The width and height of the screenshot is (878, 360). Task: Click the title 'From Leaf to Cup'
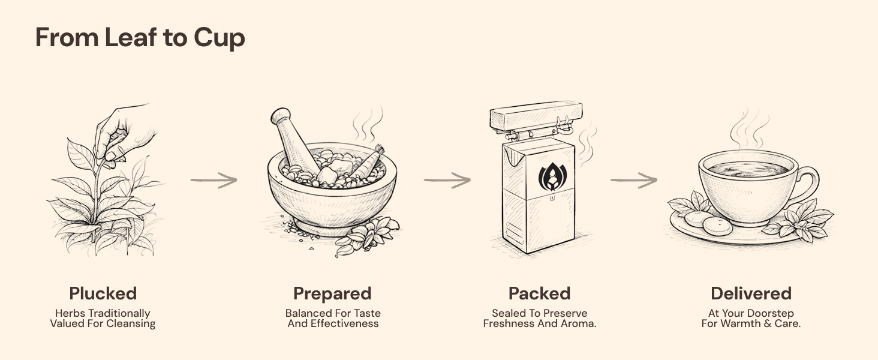click(140, 38)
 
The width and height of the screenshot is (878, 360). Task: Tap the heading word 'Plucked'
click(103, 293)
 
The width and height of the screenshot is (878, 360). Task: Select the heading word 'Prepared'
click(332, 294)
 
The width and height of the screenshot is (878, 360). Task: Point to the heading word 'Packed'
click(539, 293)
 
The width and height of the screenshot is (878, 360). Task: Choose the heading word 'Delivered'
click(751, 293)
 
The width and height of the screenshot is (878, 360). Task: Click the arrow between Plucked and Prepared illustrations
click(214, 181)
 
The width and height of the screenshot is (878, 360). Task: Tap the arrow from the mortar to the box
click(447, 181)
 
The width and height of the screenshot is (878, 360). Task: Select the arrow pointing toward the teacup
click(634, 181)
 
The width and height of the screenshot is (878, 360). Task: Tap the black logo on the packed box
click(552, 176)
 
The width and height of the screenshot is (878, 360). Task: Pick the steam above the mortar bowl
click(368, 124)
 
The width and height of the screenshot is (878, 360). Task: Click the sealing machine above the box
click(536, 119)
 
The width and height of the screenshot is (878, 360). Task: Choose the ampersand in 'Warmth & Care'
click(768, 324)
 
